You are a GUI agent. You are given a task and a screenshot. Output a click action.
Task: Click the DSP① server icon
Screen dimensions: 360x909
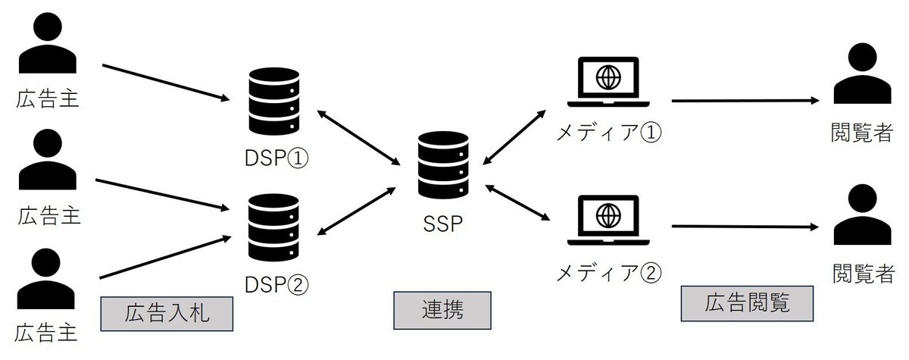tap(273, 101)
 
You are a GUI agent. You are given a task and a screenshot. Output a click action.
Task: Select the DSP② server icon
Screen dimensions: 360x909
tap(273, 226)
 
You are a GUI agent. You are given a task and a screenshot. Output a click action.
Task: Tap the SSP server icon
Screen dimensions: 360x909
tap(443, 165)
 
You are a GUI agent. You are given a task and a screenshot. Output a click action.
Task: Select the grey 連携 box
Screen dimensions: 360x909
tap(442, 311)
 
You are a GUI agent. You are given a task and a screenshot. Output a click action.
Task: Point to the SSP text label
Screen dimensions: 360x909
tap(442, 224)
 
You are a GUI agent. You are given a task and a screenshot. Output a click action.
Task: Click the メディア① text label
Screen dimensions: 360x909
tap(609, 134)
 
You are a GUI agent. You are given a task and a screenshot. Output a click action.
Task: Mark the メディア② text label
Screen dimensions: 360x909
tap(609, 271)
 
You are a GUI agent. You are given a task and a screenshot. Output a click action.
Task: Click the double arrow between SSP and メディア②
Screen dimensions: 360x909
tap(518, 202)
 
